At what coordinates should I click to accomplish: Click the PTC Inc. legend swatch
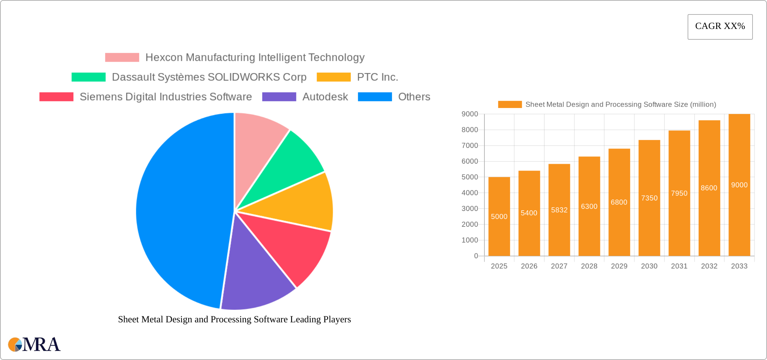click(x=333, y=77)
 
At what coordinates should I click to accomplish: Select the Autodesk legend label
click(x=325, y=97)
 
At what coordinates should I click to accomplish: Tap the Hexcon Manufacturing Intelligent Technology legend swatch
click(x=122, y=58)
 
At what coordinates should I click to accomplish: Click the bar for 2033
click(x=739, y=219)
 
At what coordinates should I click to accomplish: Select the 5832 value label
click(x=559, y=210)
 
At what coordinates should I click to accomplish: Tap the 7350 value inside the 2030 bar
click(x=649, y=198)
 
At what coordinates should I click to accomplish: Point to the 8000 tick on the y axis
click(x=470, y=130)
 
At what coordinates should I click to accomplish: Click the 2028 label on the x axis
click(x=589, y=266)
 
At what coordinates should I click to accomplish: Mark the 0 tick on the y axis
click(x=476, y=256)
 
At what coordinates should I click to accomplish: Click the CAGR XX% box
click(x=720, y=27)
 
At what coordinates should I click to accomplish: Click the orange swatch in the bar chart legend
click(x=510, y=105)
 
